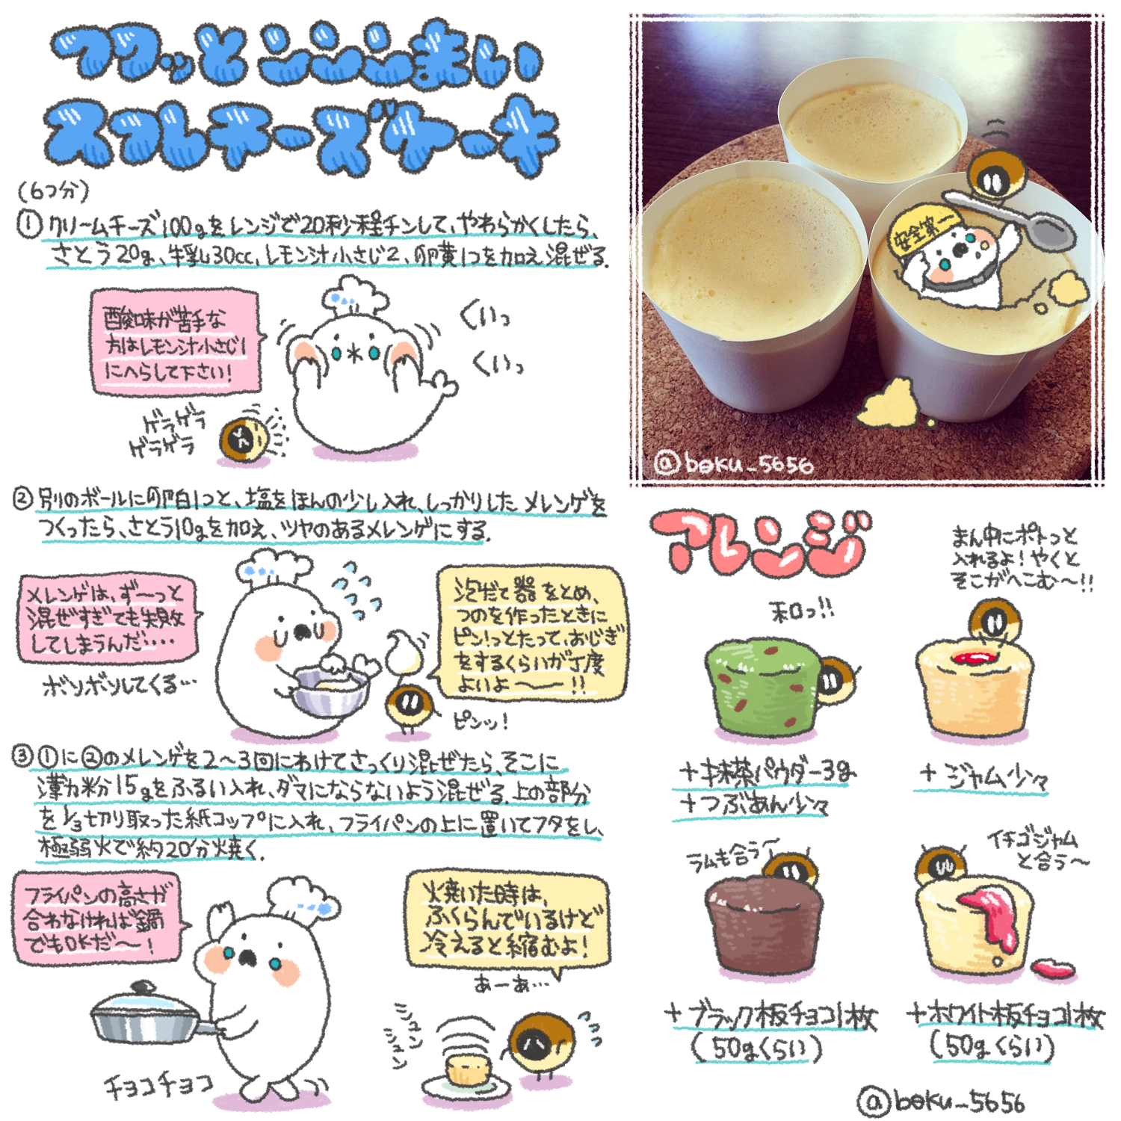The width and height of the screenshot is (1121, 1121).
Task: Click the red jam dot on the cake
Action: pos(972,658)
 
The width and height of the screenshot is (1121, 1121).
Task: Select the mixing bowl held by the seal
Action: pos(329,691)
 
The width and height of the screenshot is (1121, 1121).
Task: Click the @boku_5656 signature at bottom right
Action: pos(942,1101)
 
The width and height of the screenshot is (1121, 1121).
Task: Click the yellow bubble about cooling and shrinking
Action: pos(507,919)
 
